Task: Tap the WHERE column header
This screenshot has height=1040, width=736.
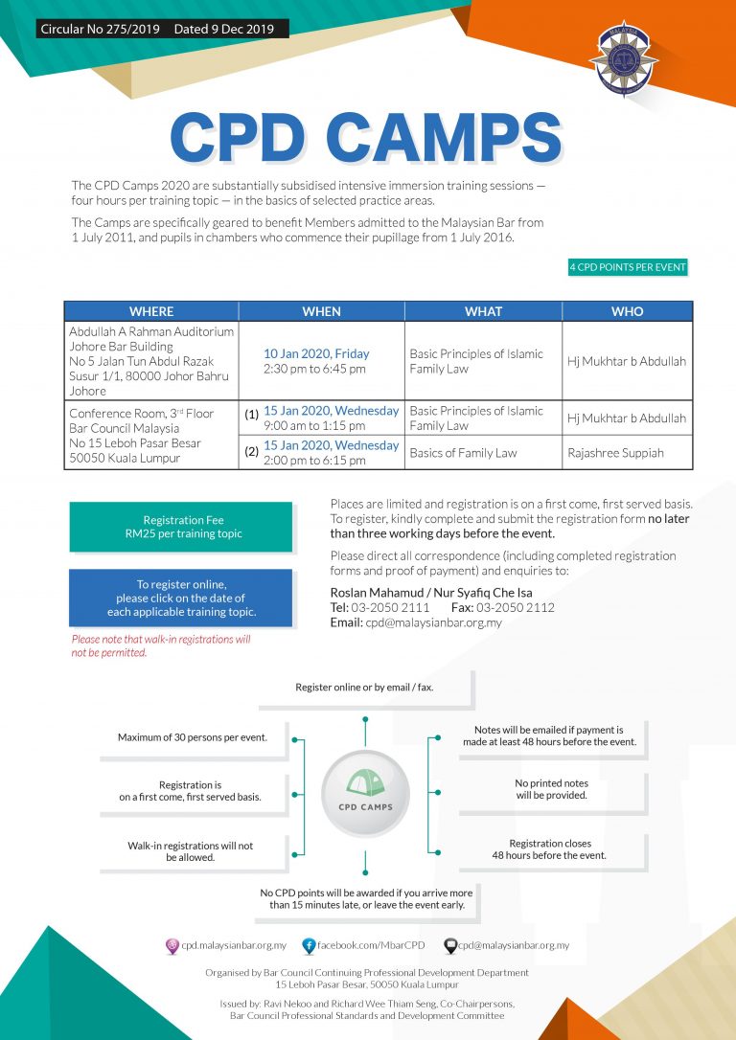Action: pos(151,311)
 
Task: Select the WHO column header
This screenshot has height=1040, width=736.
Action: pos(627,311)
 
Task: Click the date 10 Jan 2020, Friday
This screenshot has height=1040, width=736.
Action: pos(316,353)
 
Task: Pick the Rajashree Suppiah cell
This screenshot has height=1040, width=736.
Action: pos(615,453)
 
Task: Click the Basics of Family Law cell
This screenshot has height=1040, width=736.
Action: pos(463,453)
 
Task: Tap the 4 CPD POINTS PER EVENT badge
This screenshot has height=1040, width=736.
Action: pos(628,267)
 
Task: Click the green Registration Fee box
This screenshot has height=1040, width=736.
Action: pos(180,527)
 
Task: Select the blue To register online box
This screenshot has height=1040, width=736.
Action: pos(180,599)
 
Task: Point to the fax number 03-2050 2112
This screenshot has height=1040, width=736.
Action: pos(518,607)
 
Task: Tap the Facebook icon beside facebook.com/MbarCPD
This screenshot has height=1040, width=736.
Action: pos(309,945)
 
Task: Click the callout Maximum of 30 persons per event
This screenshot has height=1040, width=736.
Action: pos(193,737)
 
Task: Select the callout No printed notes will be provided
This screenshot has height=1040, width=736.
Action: pos(551,789)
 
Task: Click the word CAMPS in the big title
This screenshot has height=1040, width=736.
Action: pos(447,139)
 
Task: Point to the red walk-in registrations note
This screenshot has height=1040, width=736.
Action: pos(161,645)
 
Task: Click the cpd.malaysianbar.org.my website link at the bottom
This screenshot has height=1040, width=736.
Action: pos(234,945)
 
